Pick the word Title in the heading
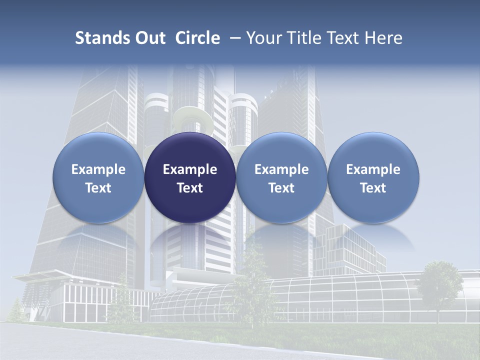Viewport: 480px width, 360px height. pos(303,38)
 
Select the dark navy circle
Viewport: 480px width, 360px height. pos(190,177)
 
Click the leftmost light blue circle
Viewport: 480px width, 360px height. pos(98,177)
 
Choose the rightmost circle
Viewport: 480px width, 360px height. pos(373,177)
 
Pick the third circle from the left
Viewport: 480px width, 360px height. pos(281,177)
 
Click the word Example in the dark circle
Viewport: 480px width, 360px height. pos(190,169)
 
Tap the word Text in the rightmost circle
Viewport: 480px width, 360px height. pos(373,188)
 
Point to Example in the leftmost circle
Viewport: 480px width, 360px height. pos(98,169)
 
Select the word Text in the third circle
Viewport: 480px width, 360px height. pos(281,188)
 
